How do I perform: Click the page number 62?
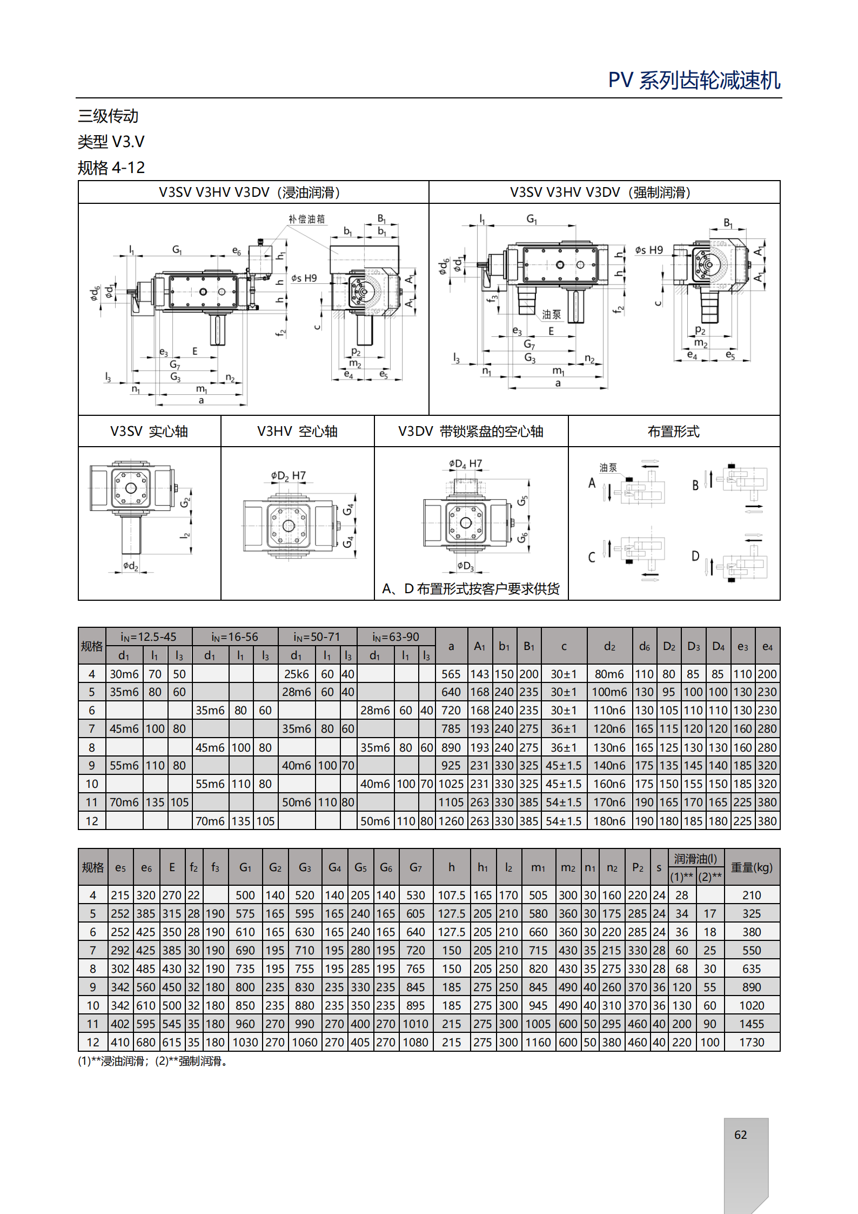pyautogui.click(x=740, y=1135)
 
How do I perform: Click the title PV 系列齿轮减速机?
pyautogui.click(x=694, y=80)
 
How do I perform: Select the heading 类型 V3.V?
pyautogui.click(x=111, y=142)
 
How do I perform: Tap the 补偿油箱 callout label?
pyautogui.click(x=306, y=219)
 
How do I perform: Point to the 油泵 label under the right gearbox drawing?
pyautogui.click(x=552, y=314)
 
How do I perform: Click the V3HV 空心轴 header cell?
pyautogui.click(x=297, y=431)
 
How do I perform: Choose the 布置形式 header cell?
pyautogui.click(x=674, y=431)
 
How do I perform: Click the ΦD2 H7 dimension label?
pyautogui.click(x=289, y=476)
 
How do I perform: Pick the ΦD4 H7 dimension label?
pyautogui.click(x=465, y=463)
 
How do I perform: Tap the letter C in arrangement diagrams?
pyautogui.click(x=592, y=558)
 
